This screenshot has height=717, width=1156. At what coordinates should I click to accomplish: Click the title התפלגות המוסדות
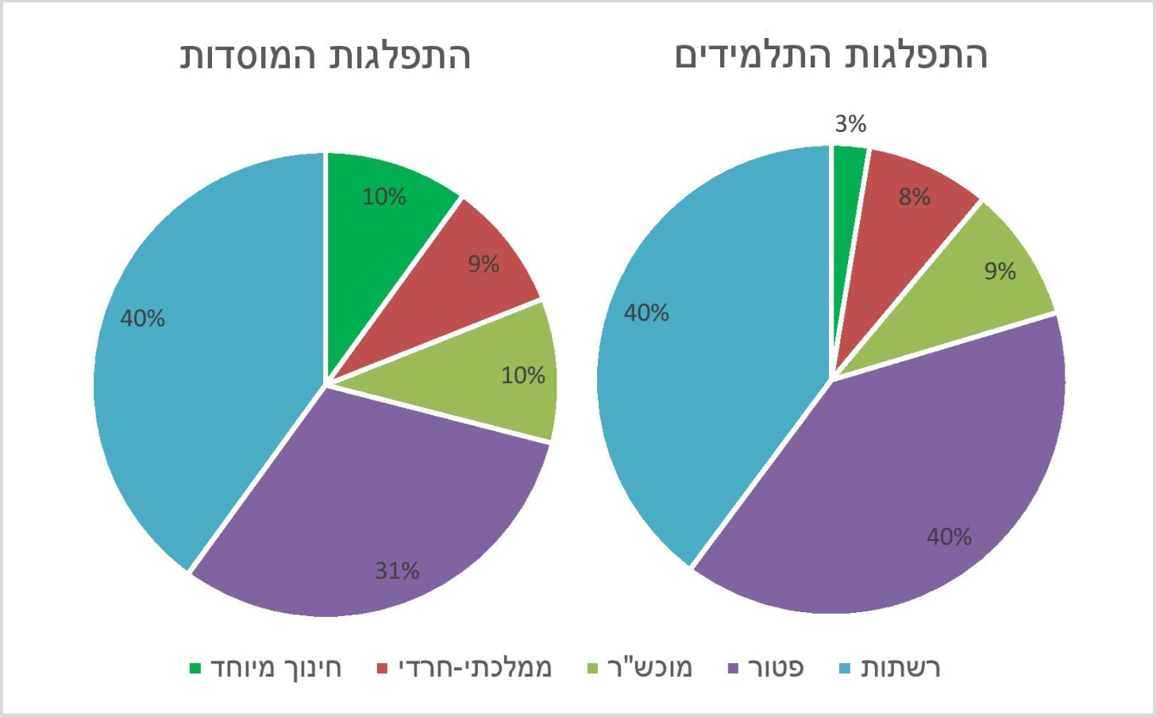[326, 56]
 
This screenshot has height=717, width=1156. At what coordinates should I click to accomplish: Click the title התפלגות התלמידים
[830, 56]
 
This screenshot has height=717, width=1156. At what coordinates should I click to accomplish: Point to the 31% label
[397, 570]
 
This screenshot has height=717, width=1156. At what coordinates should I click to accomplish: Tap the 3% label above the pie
[850, 124]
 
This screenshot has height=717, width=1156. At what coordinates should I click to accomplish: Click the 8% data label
[914, 197]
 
